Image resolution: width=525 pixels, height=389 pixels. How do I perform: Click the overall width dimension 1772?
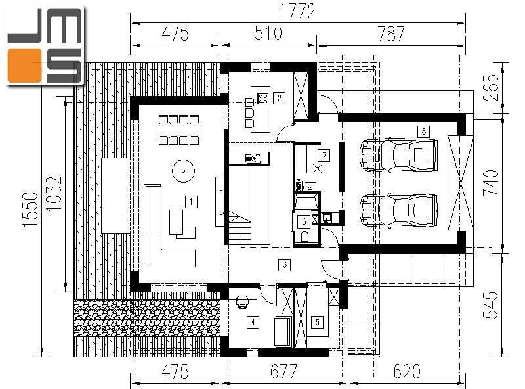pyautogui.click(x=298, y=11)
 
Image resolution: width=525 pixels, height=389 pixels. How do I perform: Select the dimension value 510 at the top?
pyautogui.click(x=268, y=34)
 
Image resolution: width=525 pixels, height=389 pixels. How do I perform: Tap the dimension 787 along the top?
pyautogui.click(x=391, y=34)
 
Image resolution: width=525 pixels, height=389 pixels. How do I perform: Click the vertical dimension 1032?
pyautogui.click(x=54, y=193)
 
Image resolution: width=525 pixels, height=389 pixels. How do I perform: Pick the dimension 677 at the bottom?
pyautogui.click(x=283, y=371)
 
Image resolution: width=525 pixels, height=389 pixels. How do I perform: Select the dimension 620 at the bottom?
pyautogui.click(x=407, y=371)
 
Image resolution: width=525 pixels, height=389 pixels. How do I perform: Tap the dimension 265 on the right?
pyautogui.click(x=491, y=87)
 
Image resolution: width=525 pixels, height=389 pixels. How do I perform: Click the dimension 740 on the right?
pyautogui.click(x=491, y=183)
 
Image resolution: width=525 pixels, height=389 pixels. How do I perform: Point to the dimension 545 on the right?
pyautogui.click(x=491, y=305)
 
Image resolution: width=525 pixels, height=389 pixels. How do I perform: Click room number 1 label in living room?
pyautogui.click(x=191, y=202)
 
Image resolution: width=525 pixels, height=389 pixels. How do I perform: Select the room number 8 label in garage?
pyautogui.click(x=423, y=131)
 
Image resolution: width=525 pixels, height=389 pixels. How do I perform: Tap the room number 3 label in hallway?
pyautogui.click(x=285, y=265)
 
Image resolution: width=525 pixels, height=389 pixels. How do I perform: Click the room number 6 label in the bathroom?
pyautogui.click(x=304, y=221)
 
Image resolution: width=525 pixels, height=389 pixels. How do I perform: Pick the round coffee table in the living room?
pyautogui.click(x=183, y=171)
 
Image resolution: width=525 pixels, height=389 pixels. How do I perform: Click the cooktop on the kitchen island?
pyautogui.click(x=263, y=98)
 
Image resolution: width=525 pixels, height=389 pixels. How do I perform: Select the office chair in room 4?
pyautogui.click(x=242, y=302)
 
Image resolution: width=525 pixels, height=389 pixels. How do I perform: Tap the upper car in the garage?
pyautogui.click(x=398, y=155)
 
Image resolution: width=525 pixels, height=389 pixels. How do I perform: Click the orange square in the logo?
pyautogui.click(x=25, y=66)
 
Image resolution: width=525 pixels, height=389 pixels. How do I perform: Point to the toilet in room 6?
pyautogui.click(x=304, y=237)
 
